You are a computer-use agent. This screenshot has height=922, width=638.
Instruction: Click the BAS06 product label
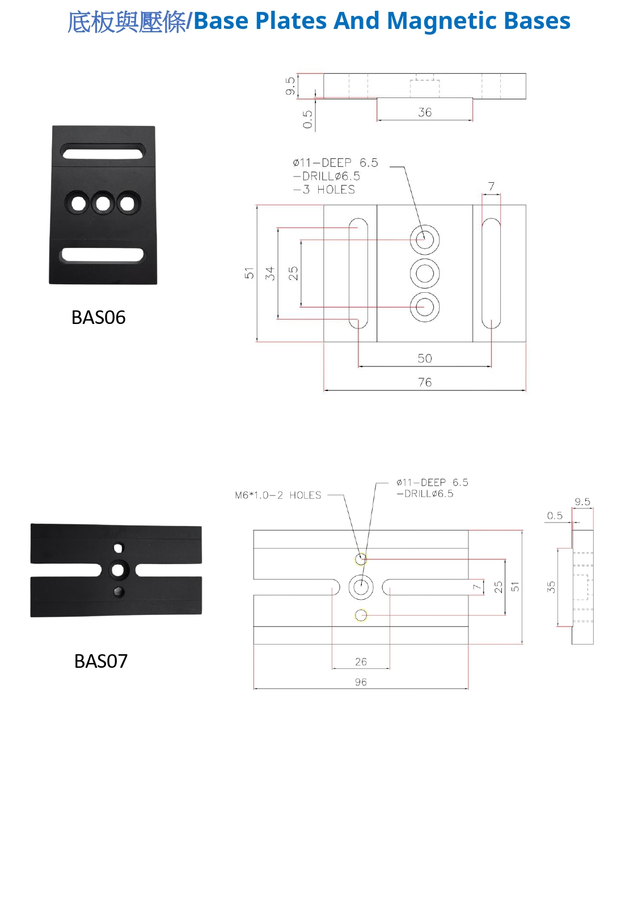pos(98,317)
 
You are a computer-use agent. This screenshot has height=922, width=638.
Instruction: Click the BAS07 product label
pos(100,661)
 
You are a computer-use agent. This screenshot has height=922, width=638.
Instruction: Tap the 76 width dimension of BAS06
pos(425,382)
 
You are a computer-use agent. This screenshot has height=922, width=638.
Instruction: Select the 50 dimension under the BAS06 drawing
pos(425,359)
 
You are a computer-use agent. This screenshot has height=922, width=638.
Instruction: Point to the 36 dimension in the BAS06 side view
pos(425,112)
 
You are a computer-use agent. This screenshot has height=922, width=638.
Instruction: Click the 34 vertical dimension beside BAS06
pos(270,273)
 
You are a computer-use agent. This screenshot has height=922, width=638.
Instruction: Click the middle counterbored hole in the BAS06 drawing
pos(425,273)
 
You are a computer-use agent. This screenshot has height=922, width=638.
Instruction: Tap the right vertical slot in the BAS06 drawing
pos(491,273)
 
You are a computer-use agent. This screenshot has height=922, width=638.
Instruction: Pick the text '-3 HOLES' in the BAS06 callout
pos(324,190)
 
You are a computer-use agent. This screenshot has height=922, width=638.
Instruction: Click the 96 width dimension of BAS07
pos(361,682)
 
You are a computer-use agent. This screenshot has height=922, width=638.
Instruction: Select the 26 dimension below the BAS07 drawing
pos(361,662)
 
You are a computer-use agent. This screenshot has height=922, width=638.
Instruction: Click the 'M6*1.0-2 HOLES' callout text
pos(278,495)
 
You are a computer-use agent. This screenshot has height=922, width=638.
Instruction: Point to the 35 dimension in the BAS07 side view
pos(551,587)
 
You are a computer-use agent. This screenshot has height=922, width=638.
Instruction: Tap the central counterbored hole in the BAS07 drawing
pos(361,587)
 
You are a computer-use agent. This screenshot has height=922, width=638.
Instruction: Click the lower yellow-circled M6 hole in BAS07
pos(361,615)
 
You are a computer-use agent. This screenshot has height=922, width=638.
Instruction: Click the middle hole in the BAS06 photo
pos(103,203)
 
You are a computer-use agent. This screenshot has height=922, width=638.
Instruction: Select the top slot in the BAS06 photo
pos(103,153)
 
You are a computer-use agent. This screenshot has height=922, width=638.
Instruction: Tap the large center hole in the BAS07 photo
pos(118,569)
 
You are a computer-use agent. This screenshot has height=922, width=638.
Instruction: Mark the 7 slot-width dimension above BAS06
pos(491,186)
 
